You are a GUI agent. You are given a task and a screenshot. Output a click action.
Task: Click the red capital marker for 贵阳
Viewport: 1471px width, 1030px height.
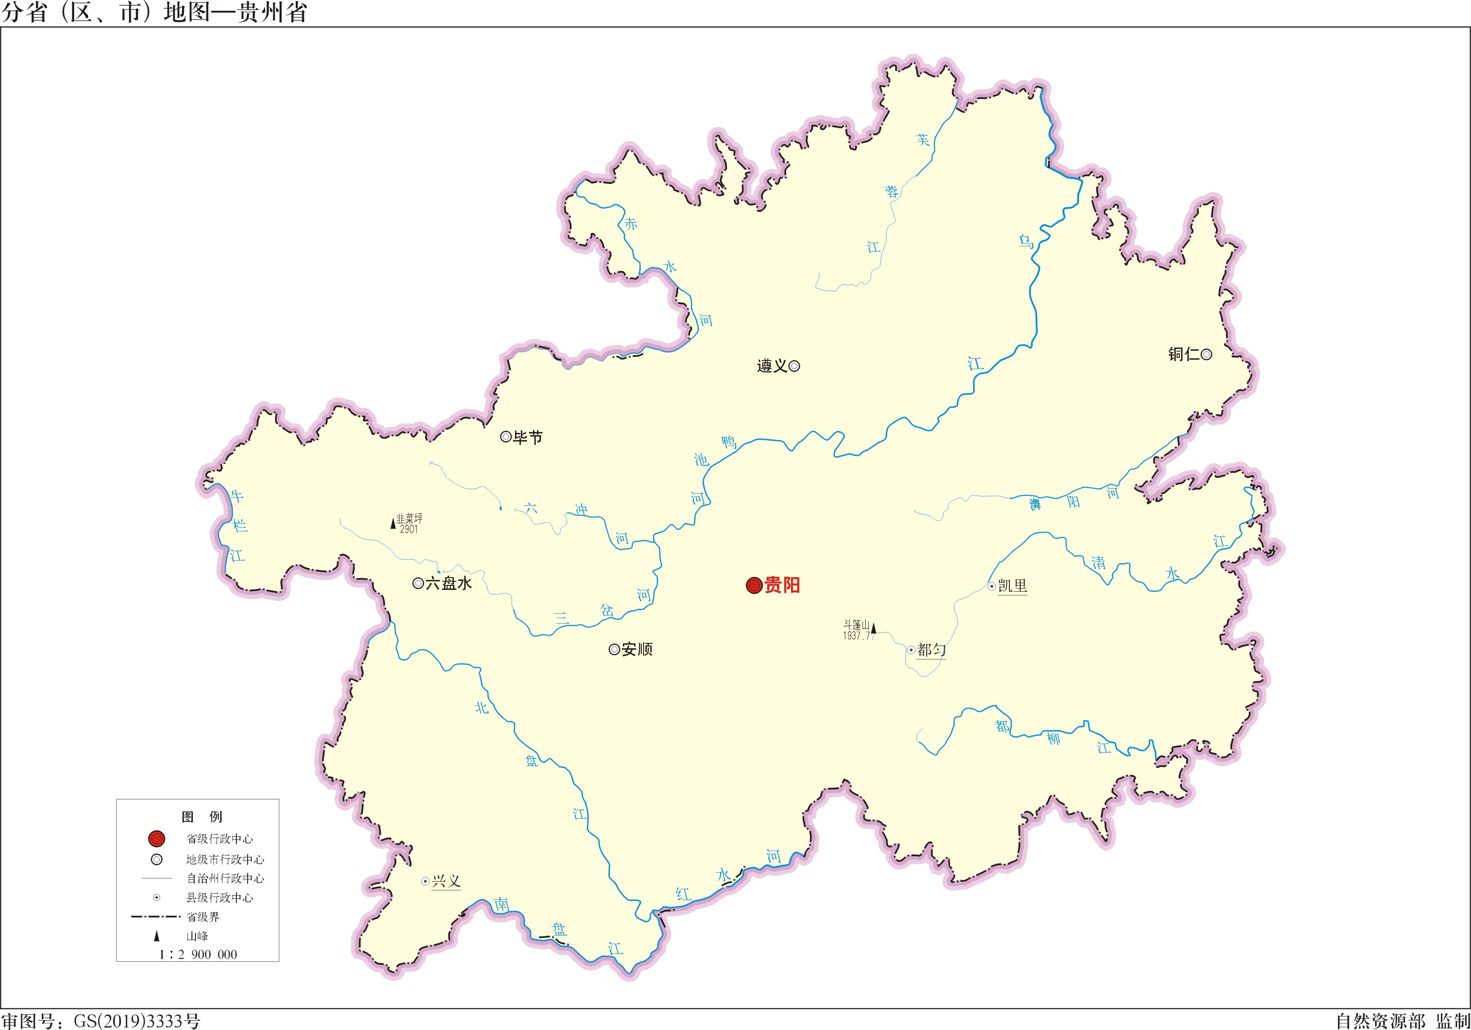pyautogui.click(x=754, y=585)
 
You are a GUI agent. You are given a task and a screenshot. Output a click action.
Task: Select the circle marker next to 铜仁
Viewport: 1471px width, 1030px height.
pyautogui.click(x=1206, y=354)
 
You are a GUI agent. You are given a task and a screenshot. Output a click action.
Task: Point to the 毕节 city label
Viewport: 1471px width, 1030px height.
pyautogui.click(x=528, y=438)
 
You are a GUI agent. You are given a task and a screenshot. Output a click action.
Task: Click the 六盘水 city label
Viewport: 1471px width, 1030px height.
pyautogui.click(x=449, y=583)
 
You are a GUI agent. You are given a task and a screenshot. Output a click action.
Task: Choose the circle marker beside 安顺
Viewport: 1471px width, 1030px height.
pyautogui.click(x=614, y=649)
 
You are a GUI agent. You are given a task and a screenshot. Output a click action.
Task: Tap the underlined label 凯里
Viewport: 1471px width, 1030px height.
pyautogui.click(x=1012, y=586)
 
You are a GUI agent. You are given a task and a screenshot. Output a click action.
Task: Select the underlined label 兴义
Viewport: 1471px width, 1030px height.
pyautogui.click(x=446, y=881)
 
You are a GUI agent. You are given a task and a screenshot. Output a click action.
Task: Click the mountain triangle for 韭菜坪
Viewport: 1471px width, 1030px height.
pyautogui.click(x=393, y=524)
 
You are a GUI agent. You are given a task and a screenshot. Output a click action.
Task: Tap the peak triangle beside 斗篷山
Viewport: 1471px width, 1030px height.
pyautogui.click(x=873, y=628)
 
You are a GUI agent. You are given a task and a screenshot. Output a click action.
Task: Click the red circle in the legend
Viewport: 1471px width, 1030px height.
pyautogui.click(x=156, y=838)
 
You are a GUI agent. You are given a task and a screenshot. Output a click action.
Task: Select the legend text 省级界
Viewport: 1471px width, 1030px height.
pyautogui.click(x=203, y=917)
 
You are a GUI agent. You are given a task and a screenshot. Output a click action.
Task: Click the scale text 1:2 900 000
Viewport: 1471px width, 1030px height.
pyautogui.click(x=198, y=954)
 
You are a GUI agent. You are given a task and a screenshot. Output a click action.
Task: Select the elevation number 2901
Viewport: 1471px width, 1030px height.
pyautogui.click(x=409, y=530)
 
